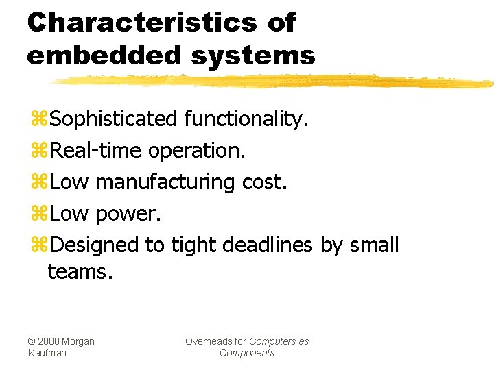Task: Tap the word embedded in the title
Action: tap(102, 55)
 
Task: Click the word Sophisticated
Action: tap(114, 120)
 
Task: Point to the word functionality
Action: tap(246, 120)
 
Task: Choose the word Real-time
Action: tap(96, 151)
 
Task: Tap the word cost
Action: tap(265, 182)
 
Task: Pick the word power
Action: tap(128, 214)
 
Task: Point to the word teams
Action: tap(79, 272)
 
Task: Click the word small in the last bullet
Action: tap(373, 245)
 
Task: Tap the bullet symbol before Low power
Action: tap(39, 214)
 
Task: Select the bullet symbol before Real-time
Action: tap(39, 151)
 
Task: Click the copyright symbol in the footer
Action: tap(32, 341)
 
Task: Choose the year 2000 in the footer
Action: tap(50, 341)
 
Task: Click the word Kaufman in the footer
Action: tap(48, 353)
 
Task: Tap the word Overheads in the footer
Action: tap(215, 341)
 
